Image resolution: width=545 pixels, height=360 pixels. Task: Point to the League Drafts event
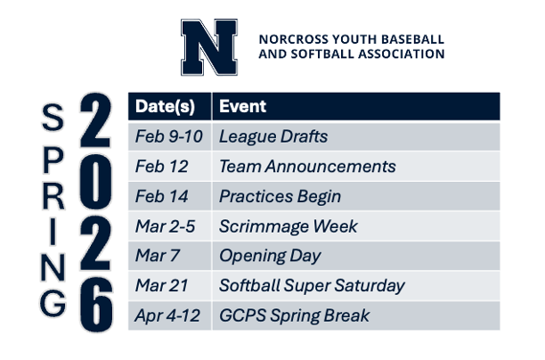pos(273,136)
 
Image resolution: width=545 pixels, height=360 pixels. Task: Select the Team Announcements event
pos(307,167)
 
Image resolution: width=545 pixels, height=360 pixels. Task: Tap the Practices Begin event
pos(280,196)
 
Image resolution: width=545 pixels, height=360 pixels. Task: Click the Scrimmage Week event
pos(288,226)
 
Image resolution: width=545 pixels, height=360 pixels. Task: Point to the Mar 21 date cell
pos(159,286)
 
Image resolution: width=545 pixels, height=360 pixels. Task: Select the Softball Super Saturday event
pos(312,286)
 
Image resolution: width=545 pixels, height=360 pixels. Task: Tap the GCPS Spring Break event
pos(294,315)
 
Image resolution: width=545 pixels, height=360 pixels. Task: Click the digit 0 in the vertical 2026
pos(96,183)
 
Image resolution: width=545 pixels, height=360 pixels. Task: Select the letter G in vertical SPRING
pos(53,303)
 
